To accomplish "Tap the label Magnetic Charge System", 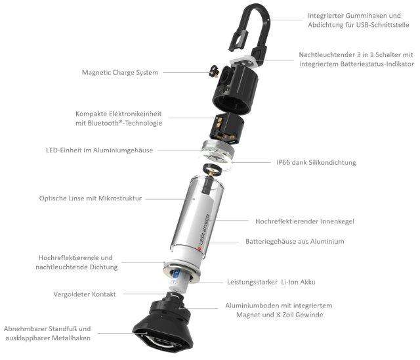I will (x=120, y=72).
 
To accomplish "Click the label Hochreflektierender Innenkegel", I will (x=304, y=221).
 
